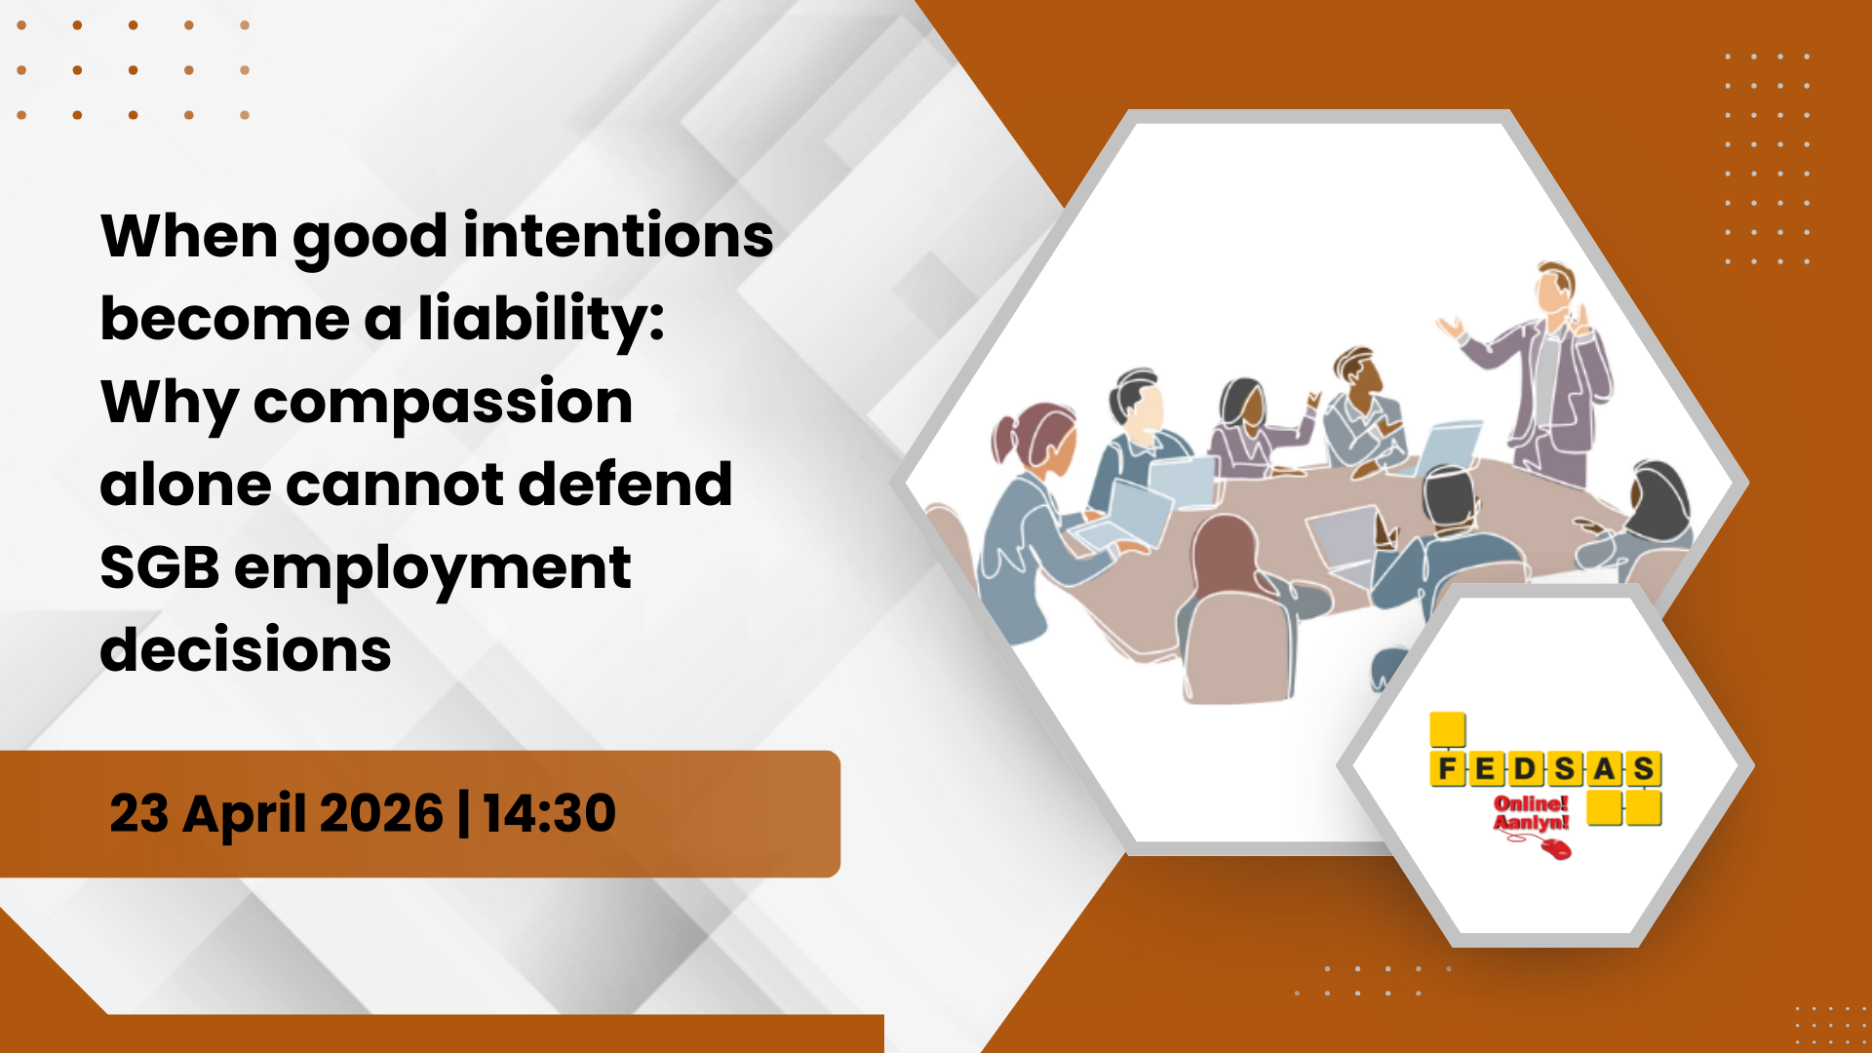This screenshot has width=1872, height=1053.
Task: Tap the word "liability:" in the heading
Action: click(540, 320)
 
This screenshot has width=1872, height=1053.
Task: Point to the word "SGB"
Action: click(159, 567)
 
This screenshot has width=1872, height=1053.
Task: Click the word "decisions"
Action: click(246, 649)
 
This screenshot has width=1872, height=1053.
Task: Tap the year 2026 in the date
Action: click(381, 813)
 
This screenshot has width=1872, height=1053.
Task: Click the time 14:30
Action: click(549, 813)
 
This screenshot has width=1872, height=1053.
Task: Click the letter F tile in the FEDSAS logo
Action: click(1448, 769)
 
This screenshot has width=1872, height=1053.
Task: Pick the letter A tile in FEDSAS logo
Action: click(1604, 769)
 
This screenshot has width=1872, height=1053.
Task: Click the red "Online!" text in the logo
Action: click(1531, 803)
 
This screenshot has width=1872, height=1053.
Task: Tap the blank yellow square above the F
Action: click(1448, 730)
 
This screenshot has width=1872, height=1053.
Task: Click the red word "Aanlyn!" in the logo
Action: click(1531, 823)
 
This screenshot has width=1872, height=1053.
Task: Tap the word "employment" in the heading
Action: click(433, 569)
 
